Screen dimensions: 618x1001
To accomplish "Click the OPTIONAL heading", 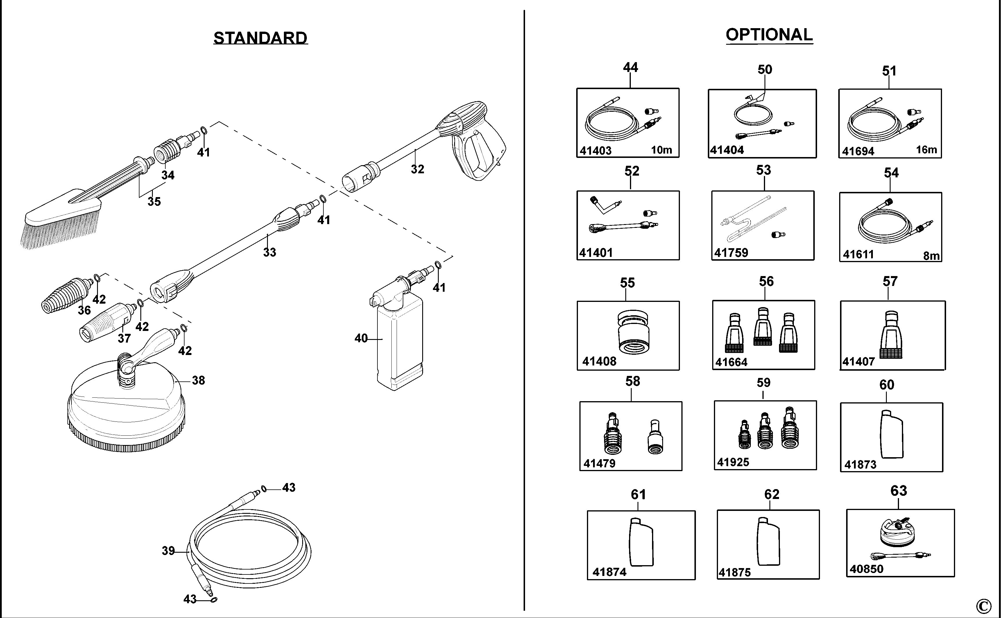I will click(x=769, y=35).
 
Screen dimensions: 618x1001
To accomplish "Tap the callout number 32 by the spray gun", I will click(x=417, y=169).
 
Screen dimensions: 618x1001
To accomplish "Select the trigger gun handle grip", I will click(x=479, y=155).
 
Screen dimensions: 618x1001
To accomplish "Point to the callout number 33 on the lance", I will click(x=269, y=252).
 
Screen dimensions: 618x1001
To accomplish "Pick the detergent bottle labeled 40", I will click(x=399, y=343).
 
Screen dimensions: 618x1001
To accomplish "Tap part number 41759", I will click(x=731, y=253).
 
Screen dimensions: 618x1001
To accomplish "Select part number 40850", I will click(x=866, y=569).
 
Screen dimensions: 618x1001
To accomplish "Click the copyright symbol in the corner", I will click(x=983, y=606).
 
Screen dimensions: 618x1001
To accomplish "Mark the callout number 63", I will click(x=898, y=491).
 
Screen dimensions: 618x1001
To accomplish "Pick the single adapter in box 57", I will click(x=891, y=335).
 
